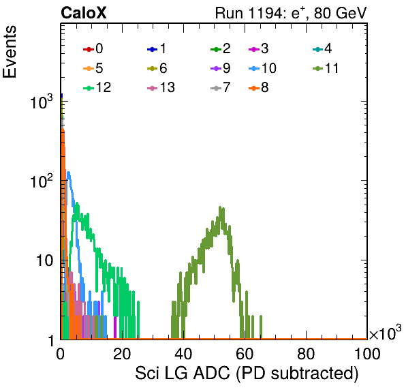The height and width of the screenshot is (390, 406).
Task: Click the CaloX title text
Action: click(x=84, y=13)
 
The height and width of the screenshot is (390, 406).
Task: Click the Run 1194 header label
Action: click(x=291, y=13)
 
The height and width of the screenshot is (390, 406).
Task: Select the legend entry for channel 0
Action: click(x=93, y=48)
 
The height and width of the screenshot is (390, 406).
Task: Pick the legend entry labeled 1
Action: click(x=157, y=48)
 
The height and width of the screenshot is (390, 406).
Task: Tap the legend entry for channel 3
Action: click(x=258, y=48)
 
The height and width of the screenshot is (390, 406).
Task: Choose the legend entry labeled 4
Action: click(x=322, y=48)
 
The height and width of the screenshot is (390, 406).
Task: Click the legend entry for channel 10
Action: click(x=262, y=68)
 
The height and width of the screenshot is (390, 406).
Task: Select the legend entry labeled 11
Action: click(x=326, y=68)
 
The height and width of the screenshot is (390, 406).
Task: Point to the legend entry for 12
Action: click(x=97, y=87)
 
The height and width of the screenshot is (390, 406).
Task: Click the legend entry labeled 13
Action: click(x=161, y=87)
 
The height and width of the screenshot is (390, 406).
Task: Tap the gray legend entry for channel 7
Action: click(x=221, y=87)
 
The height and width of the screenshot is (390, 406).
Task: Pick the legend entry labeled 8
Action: click(x=258, y=87)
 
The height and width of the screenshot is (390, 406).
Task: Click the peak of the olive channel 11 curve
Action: click(x=220, y=207)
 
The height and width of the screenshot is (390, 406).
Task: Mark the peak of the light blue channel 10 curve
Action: click(x=68, y=172)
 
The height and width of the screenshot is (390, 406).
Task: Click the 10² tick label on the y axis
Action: click(x=42, y=181)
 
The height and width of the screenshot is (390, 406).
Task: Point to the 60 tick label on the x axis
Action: click(x=245, y=354)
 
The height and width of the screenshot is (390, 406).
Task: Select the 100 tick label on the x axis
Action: click(x=367, y=354)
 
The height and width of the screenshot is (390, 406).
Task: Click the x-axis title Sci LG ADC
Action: click(x=247, y=374)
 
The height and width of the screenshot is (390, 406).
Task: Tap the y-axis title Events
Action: click(x=10, y=52)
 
